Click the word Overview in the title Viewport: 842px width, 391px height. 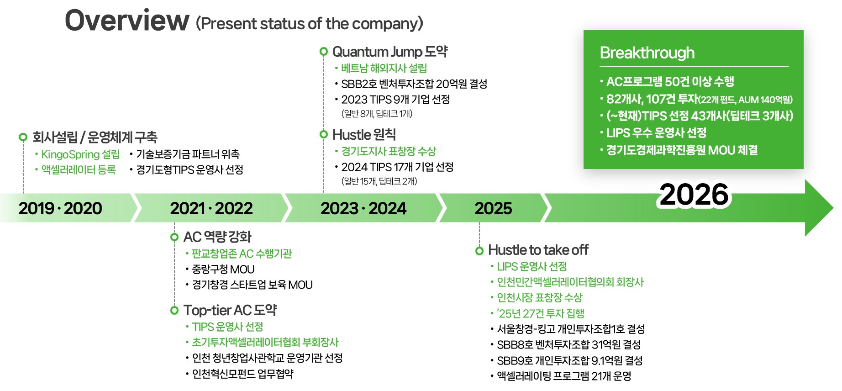127,21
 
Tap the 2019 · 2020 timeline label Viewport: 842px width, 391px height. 60,208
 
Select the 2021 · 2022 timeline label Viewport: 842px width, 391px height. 211,208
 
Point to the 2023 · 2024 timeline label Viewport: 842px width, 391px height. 363,208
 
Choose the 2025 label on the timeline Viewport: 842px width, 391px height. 493,208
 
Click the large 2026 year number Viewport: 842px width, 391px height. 694,195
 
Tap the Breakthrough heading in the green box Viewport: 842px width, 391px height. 647,53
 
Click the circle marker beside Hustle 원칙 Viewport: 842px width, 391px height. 324,134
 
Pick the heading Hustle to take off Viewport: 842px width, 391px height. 538,250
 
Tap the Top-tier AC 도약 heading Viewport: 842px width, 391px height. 230,310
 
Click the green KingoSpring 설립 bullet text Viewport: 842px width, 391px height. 80,154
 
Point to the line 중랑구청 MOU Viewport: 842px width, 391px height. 223,269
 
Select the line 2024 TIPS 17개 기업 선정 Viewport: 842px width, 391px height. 397,167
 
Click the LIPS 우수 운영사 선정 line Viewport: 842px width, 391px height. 656,133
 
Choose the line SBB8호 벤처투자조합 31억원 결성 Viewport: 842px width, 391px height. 568,344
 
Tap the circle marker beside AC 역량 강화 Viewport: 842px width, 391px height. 174,237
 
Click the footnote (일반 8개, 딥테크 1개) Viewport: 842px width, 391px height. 377,114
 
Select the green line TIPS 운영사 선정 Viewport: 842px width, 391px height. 227,327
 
